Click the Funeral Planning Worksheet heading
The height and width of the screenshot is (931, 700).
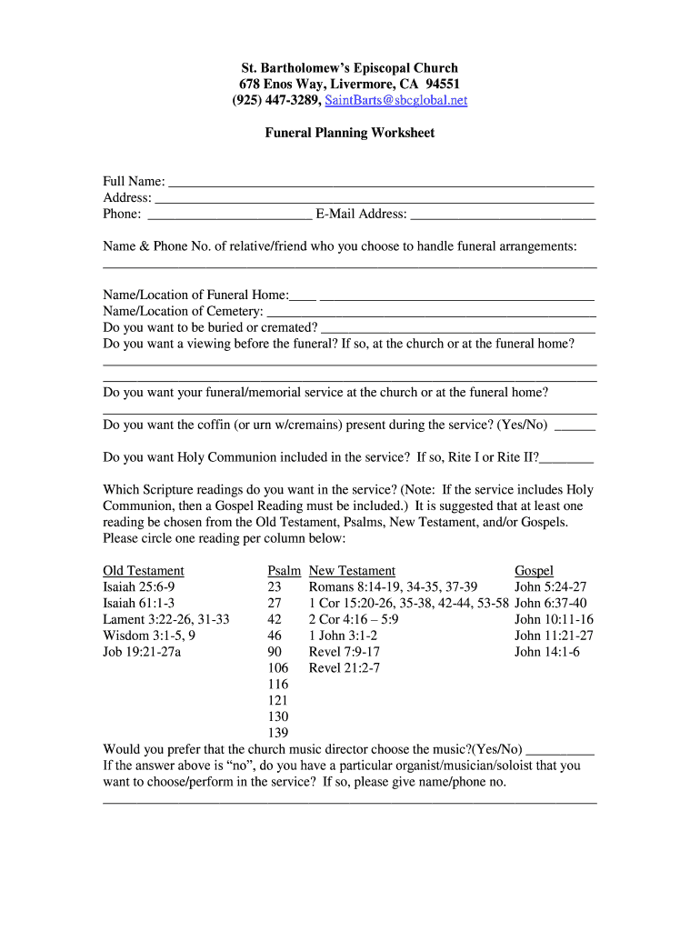[349, 133]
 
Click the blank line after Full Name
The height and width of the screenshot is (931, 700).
[381, 182]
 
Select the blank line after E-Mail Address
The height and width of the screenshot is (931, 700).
[503, 215]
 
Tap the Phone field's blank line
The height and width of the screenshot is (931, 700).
[229, 215]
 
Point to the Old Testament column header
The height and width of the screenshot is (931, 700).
[144, 571]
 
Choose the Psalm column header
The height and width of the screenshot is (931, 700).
[285, 571]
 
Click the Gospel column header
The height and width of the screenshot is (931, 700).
[534, 571]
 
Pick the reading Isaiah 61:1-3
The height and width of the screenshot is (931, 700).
[139, 603]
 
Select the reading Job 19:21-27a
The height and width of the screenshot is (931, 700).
[143, 652]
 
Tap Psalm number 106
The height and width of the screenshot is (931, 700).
[278, 668]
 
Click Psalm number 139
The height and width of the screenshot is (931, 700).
[278, 733]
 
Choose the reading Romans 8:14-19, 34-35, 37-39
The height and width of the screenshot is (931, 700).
[393, 587]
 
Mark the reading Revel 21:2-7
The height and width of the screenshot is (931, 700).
[345, 668]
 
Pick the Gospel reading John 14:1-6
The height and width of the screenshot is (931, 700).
[547, 652]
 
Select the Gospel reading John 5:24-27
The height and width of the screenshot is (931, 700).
[550, 587]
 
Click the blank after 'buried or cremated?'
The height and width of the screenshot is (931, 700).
[458, 328]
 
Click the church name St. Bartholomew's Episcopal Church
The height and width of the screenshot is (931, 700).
[349, 68]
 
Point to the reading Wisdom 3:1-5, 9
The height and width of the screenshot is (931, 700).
[149, 636]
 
